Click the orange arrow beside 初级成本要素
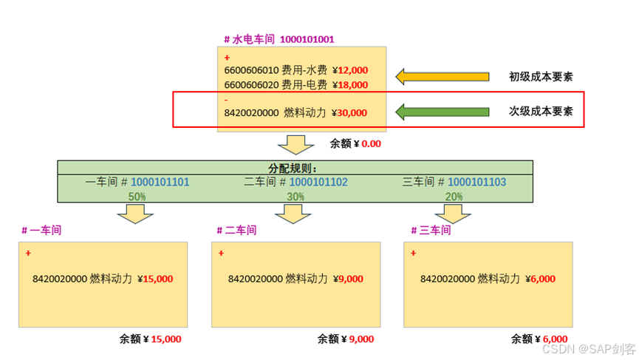pos(442,76)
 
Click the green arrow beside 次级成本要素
pos(442,112)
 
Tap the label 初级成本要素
pos(541,76)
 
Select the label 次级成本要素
pos(541,112)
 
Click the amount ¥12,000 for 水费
pos(350,70)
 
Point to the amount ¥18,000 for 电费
pos(350,84)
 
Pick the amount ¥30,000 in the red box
pos(349,113)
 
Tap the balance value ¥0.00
pos(366,143)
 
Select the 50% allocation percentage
pos(137,197)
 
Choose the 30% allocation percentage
pos(295,197)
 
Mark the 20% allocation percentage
pos(454,197)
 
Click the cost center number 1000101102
pos(318,181)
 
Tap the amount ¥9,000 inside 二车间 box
pos(348,279)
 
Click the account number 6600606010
pos(251,70)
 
